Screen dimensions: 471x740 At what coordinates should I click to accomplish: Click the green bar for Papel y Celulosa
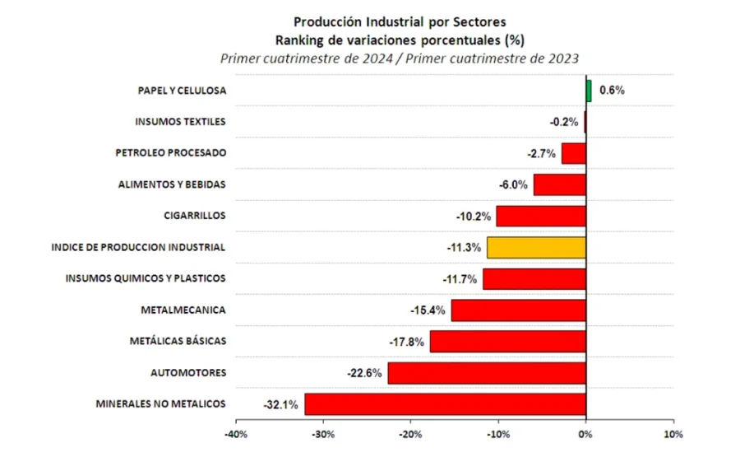point(589,91)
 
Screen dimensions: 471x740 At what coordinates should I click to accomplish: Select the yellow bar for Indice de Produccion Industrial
point(536,247)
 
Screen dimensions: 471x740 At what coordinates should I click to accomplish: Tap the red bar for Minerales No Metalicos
point(445,404)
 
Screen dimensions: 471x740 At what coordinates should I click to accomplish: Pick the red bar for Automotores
point(487,373)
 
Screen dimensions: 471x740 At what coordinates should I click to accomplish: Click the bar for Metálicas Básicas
point(507,341)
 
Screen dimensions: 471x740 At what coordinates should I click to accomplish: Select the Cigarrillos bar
point(540,217)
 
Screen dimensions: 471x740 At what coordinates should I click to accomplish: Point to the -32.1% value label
point(280,405)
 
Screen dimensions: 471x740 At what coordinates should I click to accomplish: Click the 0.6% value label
point(612,91)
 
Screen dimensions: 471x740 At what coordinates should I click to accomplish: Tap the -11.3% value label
point(463,248)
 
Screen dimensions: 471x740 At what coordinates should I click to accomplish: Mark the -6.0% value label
point(512,185)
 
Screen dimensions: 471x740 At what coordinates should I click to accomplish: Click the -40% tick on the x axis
point(236,435)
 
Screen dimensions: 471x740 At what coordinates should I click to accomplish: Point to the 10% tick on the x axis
point(673,435)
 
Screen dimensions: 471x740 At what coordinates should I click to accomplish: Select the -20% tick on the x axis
point(410,435)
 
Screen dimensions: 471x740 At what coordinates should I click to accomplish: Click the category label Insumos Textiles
point(180,122)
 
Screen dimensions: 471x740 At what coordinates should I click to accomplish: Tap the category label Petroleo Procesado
point(170,153)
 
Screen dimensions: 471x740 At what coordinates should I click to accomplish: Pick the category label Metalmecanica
point(183,310)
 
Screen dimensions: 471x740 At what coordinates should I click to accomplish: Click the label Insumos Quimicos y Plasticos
point(146,278)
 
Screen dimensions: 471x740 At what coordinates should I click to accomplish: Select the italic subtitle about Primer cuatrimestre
point(400,58)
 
